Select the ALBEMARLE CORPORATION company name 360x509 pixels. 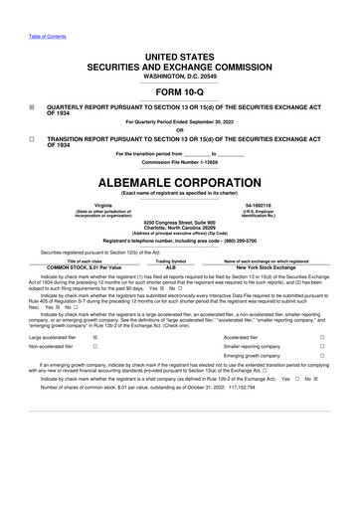click(x=179, y=184)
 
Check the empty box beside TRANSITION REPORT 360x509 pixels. click(x=32, y=141)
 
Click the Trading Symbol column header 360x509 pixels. click(x=170, y=260)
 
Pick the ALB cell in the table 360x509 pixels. click(x=170, y=267)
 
